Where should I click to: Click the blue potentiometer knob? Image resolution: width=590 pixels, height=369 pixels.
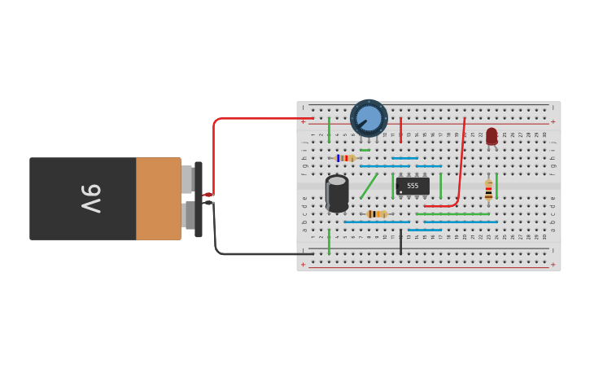(x=369, y=118)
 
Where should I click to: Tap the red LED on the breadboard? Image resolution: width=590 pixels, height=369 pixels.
(x=492, y=137)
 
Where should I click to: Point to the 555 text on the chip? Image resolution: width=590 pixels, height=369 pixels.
(x=413, y=186)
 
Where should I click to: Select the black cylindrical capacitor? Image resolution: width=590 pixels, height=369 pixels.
(x=337, y=194)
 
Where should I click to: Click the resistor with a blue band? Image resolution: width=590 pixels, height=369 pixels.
(x=346, y=158)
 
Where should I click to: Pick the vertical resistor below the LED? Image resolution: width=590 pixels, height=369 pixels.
(x=488, y=191)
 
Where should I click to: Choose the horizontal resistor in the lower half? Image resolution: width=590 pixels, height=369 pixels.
(x=377, y=214)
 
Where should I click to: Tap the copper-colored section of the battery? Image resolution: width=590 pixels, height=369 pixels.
(x=158, y=199)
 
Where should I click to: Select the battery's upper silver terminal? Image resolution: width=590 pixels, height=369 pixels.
(x=186, y=179)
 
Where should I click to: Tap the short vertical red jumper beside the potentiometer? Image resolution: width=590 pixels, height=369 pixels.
(x=400, y=130)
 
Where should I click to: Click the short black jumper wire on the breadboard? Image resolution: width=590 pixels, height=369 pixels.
(x=400, y=242)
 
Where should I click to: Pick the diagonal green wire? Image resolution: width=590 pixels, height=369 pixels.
(x=369, y=186)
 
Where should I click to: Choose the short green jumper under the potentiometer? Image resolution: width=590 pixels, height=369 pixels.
(x=365, y=151)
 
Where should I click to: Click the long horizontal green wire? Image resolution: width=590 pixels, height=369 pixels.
(x=452, y=214)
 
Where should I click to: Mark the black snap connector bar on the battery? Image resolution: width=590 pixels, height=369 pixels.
(x=199, y=200)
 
